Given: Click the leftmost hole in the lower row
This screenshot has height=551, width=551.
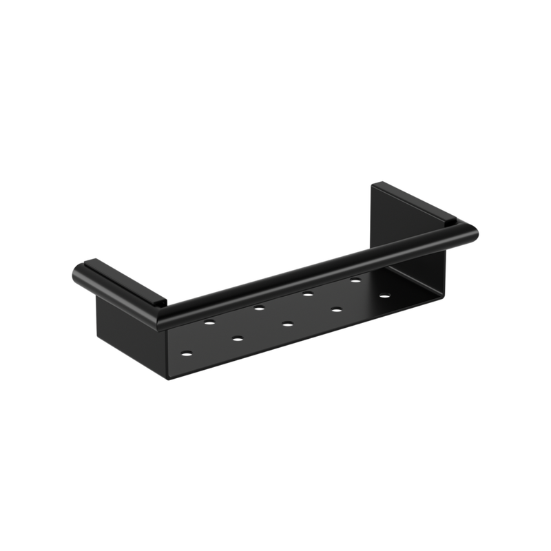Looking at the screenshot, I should click(x=187, y=353).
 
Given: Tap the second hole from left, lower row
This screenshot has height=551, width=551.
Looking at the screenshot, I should click(x=237, y=337).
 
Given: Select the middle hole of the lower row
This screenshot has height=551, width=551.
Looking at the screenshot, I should click(x=285, y=322).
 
